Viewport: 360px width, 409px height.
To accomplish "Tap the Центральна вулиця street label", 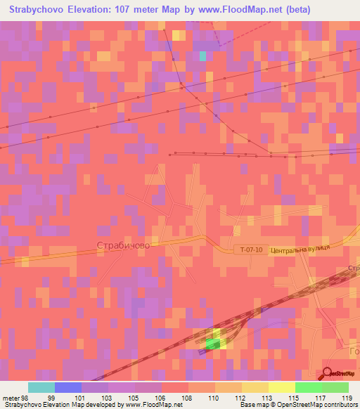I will coord(300,248).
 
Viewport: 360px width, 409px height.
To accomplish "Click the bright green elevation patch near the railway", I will coord(213,343).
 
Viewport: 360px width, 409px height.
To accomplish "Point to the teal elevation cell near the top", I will coord(202,56).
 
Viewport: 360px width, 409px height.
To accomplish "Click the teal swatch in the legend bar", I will coord(41,387).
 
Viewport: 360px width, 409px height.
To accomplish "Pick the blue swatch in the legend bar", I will coord(68,387).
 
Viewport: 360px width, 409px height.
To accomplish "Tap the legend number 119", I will coord(346,398).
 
